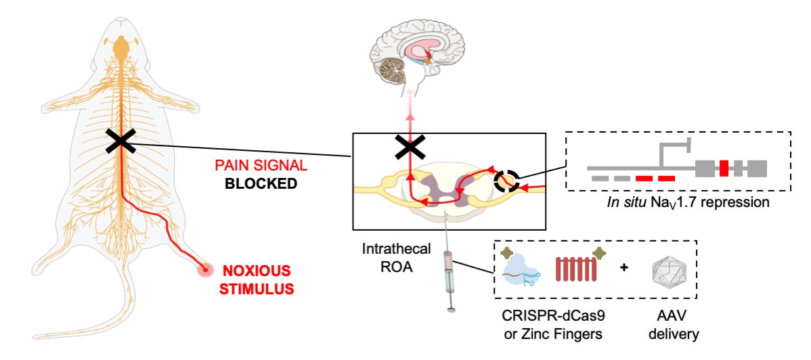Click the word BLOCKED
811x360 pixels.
click(x=261, y=184)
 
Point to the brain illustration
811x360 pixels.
click(x=410, y=57)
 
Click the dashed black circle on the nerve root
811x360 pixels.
click(x=507, y=181)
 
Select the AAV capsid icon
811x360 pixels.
click(x=667, y=269)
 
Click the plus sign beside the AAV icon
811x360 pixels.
click(x=623, y=267)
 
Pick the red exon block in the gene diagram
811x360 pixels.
click(x=724, y=167)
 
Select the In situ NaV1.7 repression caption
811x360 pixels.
click(x=678, y=201)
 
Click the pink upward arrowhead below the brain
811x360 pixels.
click(x=409, y=116)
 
